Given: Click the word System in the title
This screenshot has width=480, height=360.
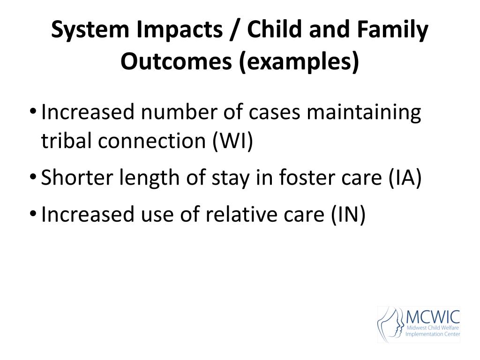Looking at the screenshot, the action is pos(90,30).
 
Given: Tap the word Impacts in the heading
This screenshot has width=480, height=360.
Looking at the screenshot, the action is pos(180,30).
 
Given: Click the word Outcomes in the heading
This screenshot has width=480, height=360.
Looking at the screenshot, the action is pos(176,61).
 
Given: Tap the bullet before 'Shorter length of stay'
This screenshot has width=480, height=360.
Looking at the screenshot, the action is pos(33,177).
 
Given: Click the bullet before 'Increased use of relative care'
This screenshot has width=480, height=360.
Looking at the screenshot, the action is pos(33,213).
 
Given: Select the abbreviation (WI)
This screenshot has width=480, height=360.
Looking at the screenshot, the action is pos(232,141).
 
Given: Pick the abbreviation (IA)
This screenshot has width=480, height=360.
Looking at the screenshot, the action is pos(405,177).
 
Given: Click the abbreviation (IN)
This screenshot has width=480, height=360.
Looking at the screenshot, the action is pos(348,214).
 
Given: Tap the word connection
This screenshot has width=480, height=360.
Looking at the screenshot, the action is pos(152,141).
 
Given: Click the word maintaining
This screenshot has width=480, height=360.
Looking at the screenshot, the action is pos(364,112).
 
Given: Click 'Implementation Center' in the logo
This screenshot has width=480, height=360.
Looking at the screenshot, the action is pos(433,334).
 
